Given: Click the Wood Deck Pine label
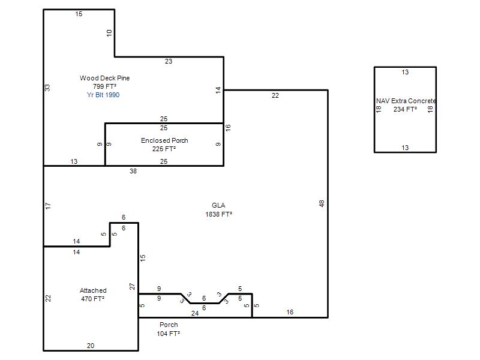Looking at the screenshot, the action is (x=104, y=78).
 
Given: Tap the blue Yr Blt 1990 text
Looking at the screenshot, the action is (x=103, y=95).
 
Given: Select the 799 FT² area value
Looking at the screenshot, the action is (x=104, y=86).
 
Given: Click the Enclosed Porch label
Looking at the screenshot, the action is (x=164, y=140).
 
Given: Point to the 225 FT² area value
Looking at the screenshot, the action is (x=164, y=149).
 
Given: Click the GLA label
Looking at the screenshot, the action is (x=218, y=205).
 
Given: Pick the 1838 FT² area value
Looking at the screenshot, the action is (x=218, y=214).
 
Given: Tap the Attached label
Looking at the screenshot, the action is (x=93, y=290).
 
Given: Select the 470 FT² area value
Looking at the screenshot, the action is (x=93, y=299).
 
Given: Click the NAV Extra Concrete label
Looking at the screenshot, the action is (x=406, y=101).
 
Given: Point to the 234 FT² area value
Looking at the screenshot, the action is (x=406, y=109).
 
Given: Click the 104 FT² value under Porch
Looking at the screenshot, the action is (x=169, y=334).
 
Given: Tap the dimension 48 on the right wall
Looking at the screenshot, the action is (x=322, y=203).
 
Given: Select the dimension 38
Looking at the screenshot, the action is (x=133, y=171).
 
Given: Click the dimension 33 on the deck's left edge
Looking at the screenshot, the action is (x=47, y=88).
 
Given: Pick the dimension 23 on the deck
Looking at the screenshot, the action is (x=169, y=61).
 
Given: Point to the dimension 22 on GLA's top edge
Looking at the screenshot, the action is (x=275, y=95).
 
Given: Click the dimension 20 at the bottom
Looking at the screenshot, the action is (x=91, y=346).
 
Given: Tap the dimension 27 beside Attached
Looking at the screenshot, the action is (x=132, y=287).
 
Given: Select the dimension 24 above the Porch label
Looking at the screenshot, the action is (x=195, y=313).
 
